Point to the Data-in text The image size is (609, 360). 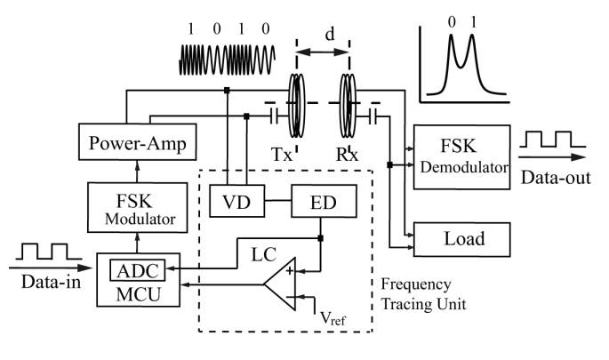(x=44, y=281)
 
